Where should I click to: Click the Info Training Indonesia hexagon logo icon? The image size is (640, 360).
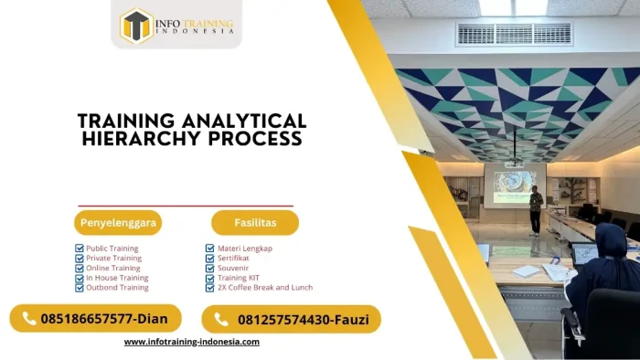point(136,25)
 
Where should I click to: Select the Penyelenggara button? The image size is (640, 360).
point(118,222)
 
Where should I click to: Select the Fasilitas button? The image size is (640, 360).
point(254,222)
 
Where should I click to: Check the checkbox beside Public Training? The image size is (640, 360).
point(80,249)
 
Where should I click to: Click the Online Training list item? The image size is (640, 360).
point(112,268)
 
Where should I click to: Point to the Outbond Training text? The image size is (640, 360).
point(117,287)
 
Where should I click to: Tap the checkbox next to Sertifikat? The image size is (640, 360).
point(209,259)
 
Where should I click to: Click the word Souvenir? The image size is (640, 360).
point(233,268)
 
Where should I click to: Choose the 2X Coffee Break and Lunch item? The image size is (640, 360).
point(264,287)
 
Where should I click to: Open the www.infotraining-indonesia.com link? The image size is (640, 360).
point(191,342)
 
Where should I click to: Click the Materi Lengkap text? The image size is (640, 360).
point(244,249)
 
